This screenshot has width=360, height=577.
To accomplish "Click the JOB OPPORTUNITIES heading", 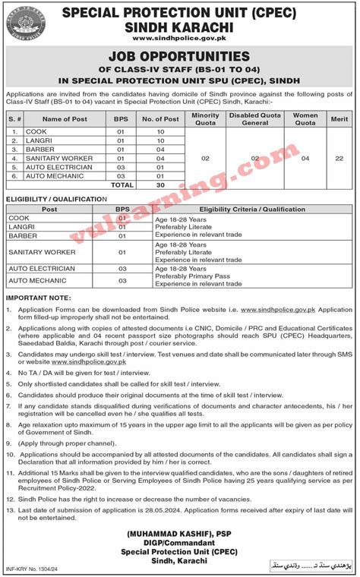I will (179, 56).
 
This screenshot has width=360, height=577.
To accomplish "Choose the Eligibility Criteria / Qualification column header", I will (251, 208).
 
